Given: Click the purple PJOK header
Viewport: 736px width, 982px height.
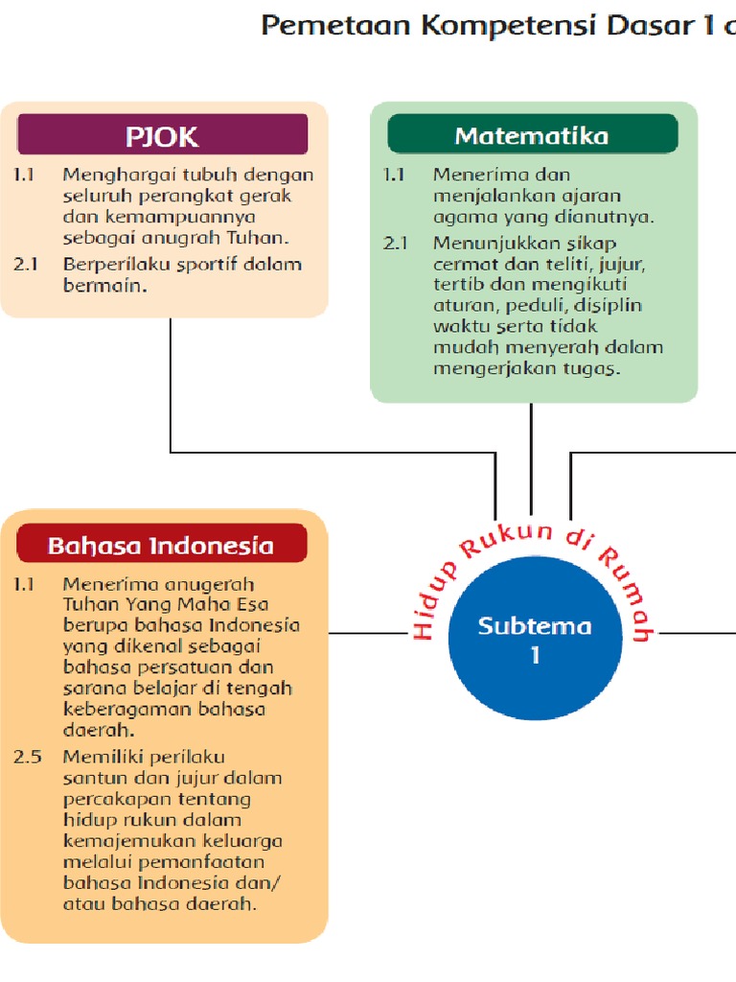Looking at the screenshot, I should (x=163, y=135).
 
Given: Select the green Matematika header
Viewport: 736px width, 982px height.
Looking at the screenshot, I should (x=532, y=135).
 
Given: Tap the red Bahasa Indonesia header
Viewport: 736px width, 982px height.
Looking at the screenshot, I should (x=161, y=545).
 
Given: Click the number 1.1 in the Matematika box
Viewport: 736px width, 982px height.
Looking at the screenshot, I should (x=395, y=175).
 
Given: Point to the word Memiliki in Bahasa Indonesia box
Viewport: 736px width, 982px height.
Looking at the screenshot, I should (x=98, y=757).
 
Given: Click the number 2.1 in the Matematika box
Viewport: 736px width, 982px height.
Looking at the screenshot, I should (x=395, y=243).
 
